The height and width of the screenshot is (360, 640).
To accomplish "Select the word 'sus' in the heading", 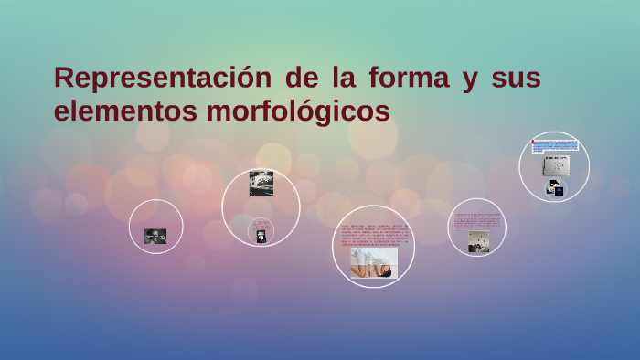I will [x=516, y=78].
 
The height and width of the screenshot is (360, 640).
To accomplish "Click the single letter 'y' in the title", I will [x=470, y=79].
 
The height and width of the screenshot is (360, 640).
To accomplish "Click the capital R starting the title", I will [x=65, y=78].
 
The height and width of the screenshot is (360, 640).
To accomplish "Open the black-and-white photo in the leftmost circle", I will [x=155, y=236].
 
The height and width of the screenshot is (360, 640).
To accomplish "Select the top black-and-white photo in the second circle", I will [x=261, y=183].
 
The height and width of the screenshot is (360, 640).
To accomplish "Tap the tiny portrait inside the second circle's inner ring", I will [x=261, y=237].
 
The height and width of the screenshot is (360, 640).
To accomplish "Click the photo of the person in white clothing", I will [x=374, y=265].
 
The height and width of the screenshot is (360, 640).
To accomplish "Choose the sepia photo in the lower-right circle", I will [x=478, y=241].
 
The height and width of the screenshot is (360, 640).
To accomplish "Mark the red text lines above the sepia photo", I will [x=477, y=220].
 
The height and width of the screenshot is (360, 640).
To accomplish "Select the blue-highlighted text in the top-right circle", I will [x=555, y=146].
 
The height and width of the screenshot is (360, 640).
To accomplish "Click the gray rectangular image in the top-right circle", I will [x=556, y=165].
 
